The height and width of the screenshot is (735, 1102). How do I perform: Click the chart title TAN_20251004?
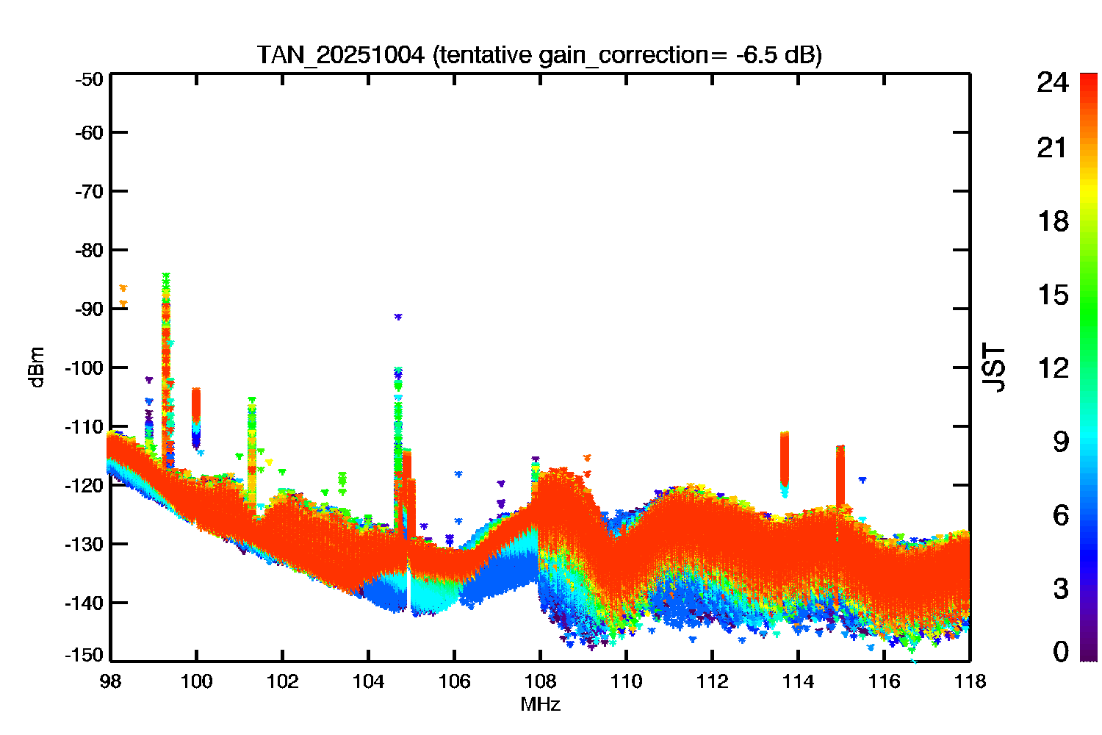click(340, 55)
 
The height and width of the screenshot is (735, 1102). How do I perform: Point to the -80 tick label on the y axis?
click(89, 251)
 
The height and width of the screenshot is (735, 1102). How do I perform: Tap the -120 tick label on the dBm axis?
click(84, 485)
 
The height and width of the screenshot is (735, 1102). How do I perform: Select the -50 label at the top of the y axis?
click(89, 80)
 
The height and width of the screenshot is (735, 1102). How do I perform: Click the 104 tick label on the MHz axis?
click(369, 682)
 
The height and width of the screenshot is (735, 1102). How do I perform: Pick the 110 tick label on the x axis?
click(626, 682)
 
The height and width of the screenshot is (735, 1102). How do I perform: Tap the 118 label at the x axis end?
click(970, 682)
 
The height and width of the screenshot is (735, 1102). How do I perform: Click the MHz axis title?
click(540, 704)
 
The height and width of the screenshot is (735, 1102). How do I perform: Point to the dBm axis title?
click(37, 367)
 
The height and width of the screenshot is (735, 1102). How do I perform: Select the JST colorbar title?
click(993, 367)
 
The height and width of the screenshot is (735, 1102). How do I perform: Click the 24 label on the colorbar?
click(1052, 82)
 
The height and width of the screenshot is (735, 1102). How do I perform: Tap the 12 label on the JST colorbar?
click(1054, 367)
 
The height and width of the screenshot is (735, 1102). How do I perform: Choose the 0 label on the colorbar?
click(1061, 651)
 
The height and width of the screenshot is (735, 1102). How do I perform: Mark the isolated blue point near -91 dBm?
click(398, 317)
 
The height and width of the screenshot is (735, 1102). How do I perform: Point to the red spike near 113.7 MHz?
click(784, 458)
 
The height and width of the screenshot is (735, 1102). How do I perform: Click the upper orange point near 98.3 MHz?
click(123, 288)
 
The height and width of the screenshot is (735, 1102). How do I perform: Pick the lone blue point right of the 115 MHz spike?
click(862, 479)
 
